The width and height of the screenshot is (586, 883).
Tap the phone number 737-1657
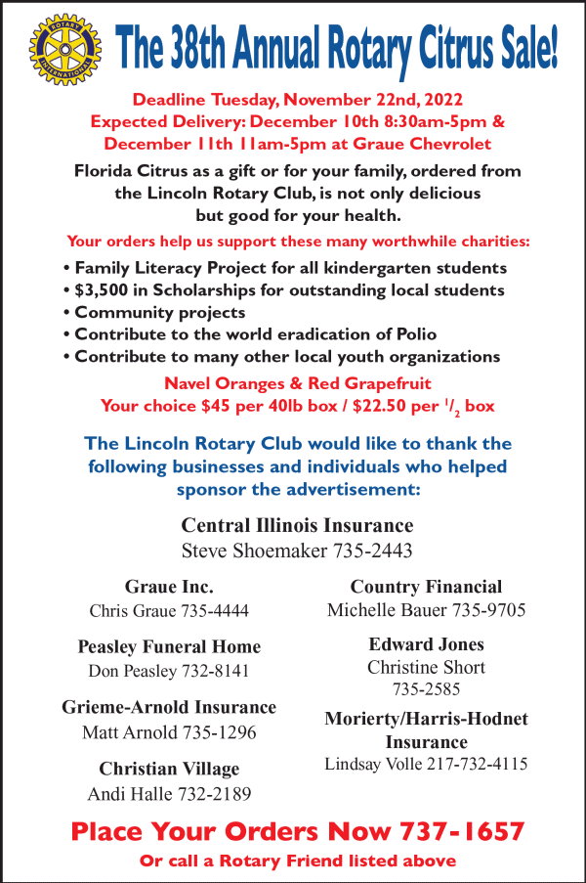click(461, 832)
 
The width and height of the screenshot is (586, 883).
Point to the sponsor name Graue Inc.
click(169, 587)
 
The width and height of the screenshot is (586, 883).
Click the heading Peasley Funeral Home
click(169, 646)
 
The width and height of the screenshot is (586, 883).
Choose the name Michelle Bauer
click(387, 610)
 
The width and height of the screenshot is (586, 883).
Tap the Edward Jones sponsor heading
click(426, 644)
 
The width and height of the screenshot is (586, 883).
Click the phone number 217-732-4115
click(470, 763)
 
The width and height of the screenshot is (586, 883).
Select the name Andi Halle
click(126, 793)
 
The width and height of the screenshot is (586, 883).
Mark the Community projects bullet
click(159, 313)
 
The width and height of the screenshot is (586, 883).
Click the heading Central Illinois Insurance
click(297, 525)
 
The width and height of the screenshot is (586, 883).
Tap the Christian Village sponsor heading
click(169, 768)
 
